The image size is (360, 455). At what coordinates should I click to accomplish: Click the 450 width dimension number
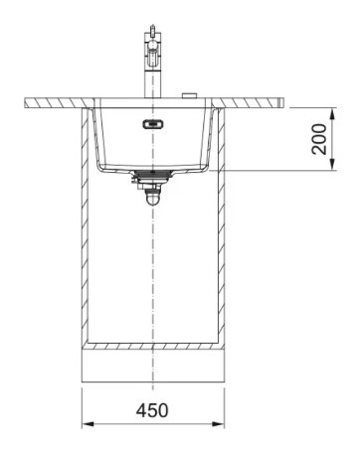pos(152,410)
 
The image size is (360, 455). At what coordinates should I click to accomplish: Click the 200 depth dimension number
pos(319,139)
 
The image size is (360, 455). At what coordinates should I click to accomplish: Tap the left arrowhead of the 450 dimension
pos(88,424)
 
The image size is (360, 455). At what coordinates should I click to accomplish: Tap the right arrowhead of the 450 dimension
pos(218,424)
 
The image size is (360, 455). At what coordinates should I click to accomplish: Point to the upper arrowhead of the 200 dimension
pos(333,114)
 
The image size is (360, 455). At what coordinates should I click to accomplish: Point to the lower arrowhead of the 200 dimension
pos(333,165)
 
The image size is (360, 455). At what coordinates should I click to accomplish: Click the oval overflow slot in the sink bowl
pos(153,124)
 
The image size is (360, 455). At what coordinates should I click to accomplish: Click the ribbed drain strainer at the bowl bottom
pos(153,174)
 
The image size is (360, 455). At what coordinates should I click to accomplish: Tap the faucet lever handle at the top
pos(152,30)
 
